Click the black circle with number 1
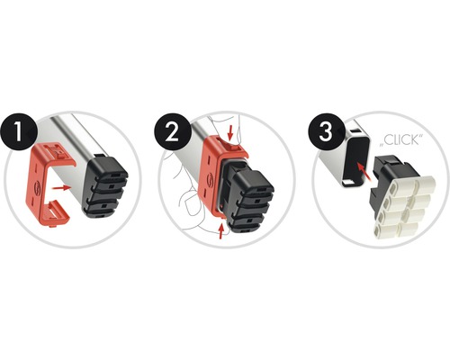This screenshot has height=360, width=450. (19, 132)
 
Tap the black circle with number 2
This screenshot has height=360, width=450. (173, 132)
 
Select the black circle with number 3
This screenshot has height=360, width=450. (326, 132)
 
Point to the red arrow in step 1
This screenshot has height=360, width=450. (61, 187)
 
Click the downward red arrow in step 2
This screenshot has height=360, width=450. (230, 133)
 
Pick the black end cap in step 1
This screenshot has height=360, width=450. (105, 187)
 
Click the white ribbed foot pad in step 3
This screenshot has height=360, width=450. (404, 207)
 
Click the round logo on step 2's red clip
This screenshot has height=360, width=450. (210, 179)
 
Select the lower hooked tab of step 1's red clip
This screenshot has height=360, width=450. (56, 211)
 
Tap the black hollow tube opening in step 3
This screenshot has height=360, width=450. (356, 159)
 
